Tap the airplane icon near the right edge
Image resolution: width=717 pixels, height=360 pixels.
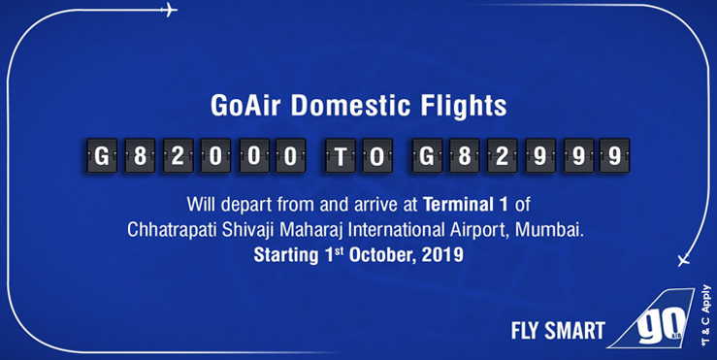(683, 260)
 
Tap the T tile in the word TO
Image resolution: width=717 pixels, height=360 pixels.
(342, 156)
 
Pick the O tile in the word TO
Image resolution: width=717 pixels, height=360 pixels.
(375, 156)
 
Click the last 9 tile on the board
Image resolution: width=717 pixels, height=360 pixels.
(611, 156)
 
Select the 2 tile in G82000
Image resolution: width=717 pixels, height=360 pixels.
(173, 156)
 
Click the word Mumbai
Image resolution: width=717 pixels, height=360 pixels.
(562, 232)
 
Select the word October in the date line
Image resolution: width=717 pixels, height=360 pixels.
(375, 258)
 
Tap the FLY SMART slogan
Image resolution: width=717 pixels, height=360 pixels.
(557, 330)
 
